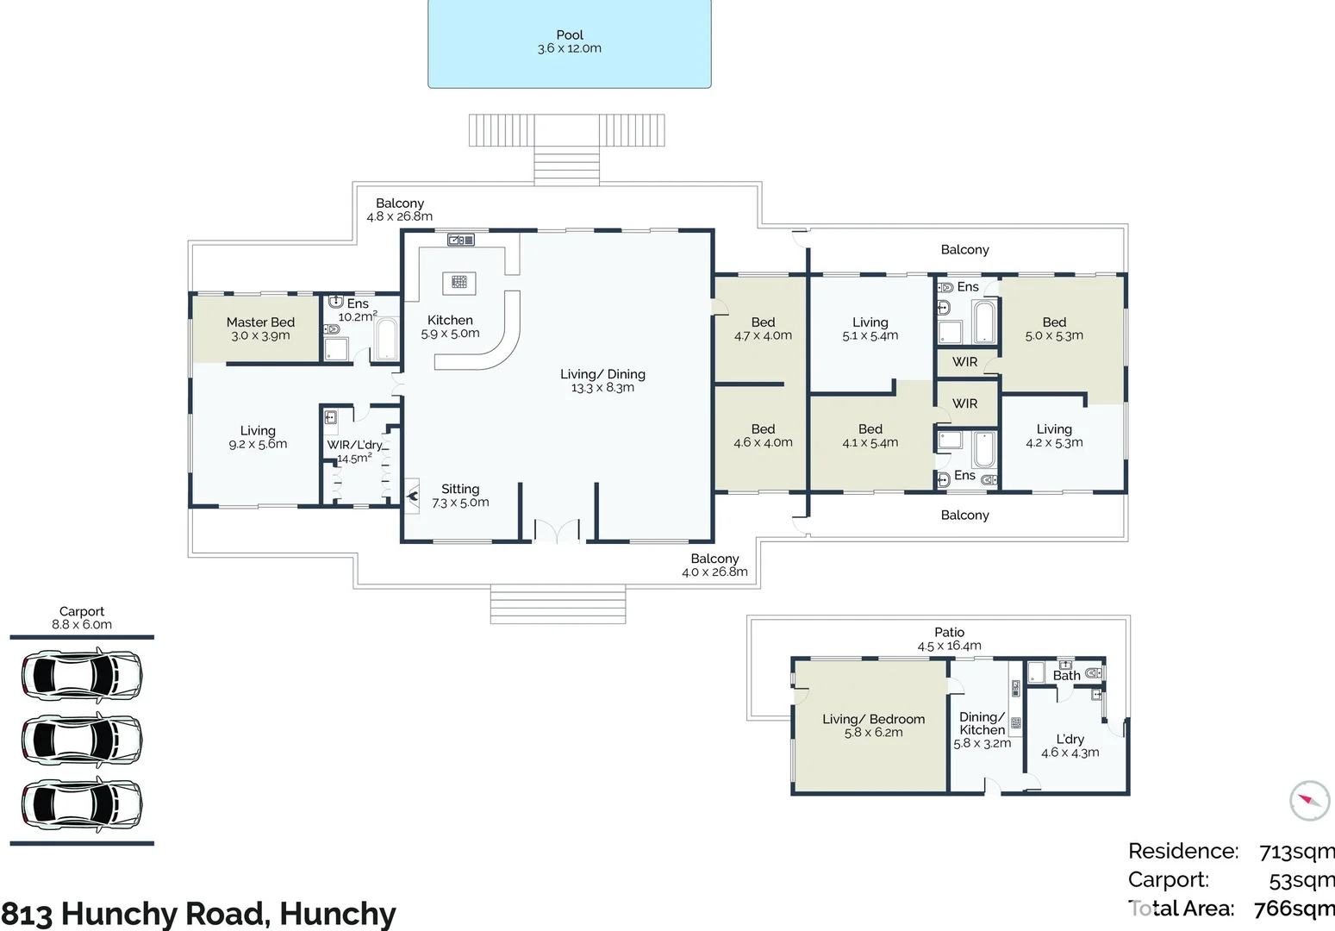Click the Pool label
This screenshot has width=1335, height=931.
click(569, 41)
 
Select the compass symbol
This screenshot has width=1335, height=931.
click(1309, 801)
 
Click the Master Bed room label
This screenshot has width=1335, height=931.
click(260, 328)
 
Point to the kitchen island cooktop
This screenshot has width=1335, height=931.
click(459, 281)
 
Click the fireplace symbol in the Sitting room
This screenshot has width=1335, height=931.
click(413, 496)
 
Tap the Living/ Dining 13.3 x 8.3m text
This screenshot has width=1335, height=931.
click(602, 380)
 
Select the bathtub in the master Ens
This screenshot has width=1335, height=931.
click(386, 340)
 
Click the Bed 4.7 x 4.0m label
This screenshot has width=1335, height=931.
click(763, 328)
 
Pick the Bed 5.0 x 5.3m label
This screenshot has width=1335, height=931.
click(1054, 328)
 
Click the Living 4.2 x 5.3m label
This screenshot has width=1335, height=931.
click(1054, 435)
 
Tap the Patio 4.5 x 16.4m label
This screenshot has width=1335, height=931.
click(949, 639)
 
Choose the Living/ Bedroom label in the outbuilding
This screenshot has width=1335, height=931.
click(873, 725)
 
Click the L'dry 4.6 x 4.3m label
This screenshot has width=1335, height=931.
click(1070, 746)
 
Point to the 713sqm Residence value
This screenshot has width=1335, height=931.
click(1295, 852)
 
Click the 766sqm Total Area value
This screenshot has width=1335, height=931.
click(1293, 909)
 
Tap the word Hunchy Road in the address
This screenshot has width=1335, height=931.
click(164, 914)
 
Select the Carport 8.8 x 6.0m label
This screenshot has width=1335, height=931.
click(81, 618)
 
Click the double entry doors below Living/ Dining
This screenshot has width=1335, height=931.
click(557, 531)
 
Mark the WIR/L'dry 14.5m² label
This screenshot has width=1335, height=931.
click(354, 452)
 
